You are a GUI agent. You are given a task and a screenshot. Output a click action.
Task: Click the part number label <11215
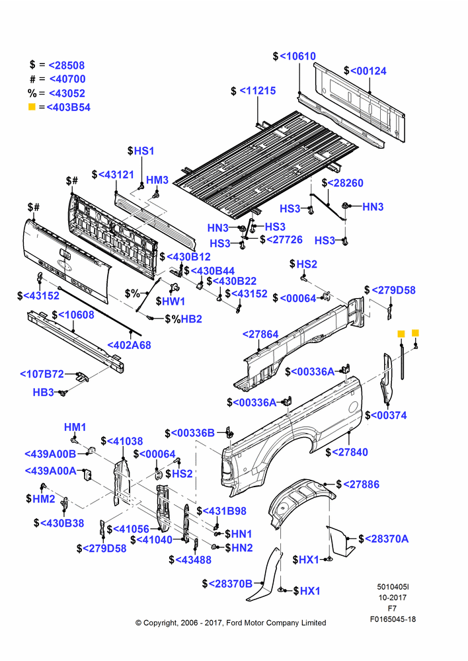coord(258,91)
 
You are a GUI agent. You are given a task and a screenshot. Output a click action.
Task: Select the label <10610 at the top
coord(297,56)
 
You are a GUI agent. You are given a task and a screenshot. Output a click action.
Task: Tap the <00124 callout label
coord(368,71)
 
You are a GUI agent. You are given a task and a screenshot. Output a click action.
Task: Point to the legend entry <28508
coord(67,65)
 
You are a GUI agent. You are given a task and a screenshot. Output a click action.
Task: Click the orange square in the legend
coord(32,106)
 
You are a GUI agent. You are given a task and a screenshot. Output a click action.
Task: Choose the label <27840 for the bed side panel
coord(350,452)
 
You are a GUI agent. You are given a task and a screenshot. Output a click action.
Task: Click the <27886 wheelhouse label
coord(361,485)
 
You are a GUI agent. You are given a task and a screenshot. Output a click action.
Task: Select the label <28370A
coord(387,539)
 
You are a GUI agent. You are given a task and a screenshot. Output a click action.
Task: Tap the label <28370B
coord(230,584)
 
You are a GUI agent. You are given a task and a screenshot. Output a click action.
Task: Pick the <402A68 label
coord(129,345)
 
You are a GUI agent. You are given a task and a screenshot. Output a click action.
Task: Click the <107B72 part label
coord(42,374)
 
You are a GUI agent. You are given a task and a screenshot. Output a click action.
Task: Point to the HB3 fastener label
coord(44,393)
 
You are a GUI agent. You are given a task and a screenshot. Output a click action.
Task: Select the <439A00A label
coord(51,471)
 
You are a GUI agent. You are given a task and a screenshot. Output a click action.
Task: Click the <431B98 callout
coord(225,512)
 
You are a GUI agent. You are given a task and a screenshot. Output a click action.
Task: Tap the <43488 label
coord(193,560)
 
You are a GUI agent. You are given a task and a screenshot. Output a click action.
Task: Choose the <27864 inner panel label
coord(260,334)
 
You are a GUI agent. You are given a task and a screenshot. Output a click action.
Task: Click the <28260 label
coord(345,183)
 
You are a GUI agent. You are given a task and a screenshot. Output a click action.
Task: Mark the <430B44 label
coord(212,271)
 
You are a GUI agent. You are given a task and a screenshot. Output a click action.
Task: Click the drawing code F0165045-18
coord(393,619)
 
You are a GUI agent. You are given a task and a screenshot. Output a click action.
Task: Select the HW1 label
coord(174,301)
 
